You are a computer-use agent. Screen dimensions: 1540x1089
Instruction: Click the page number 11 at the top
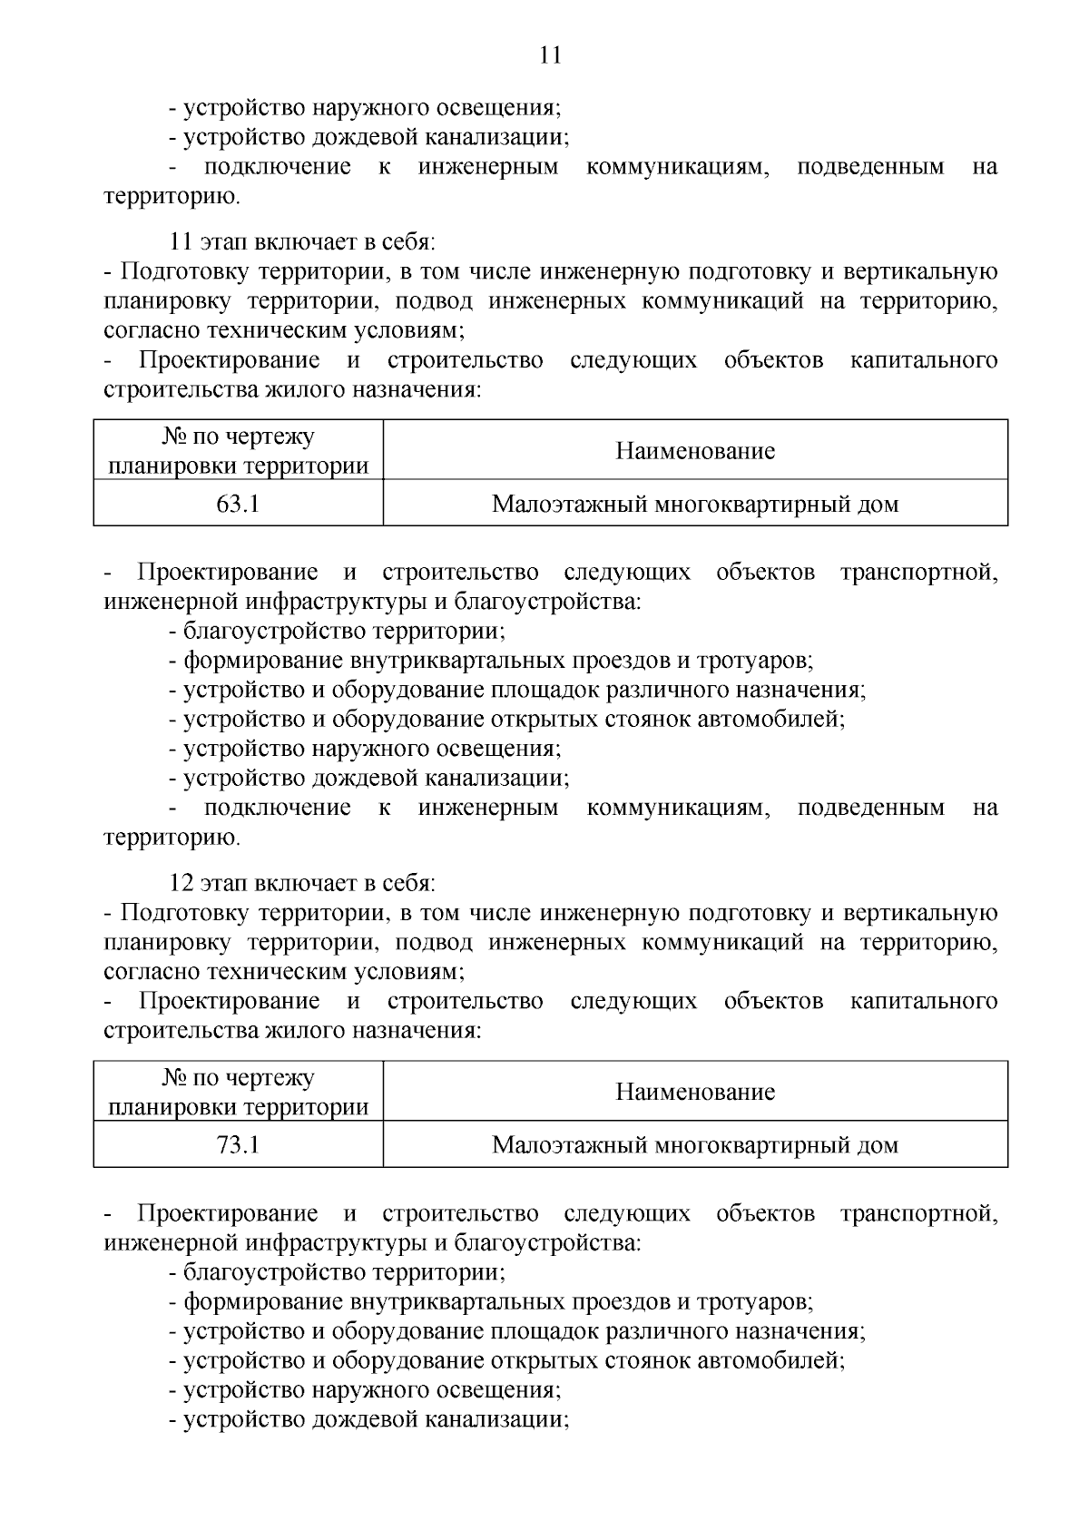(550, 55)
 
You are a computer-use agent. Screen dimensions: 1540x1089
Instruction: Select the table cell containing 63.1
(238, 504)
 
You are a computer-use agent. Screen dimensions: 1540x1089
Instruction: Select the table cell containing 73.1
(238, 1144)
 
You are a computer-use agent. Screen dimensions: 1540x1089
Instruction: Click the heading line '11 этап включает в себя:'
(302, 242)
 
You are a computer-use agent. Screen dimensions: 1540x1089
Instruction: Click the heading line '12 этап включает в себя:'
(302, 883)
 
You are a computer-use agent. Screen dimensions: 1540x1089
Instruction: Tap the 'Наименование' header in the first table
(695, 450)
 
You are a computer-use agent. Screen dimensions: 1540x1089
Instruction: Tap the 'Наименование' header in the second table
(695, 1091)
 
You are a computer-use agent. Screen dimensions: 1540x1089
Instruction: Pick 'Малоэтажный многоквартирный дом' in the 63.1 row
(695, 504)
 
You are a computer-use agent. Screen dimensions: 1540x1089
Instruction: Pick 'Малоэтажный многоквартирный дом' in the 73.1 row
(695, 1144)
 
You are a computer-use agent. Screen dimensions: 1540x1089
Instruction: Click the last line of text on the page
(376, 1419)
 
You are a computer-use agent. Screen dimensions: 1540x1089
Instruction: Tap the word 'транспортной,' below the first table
(918, 573)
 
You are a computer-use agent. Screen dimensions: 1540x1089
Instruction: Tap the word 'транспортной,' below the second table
(918, 1213)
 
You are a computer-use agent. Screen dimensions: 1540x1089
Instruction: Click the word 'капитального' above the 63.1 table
(924, 360)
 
